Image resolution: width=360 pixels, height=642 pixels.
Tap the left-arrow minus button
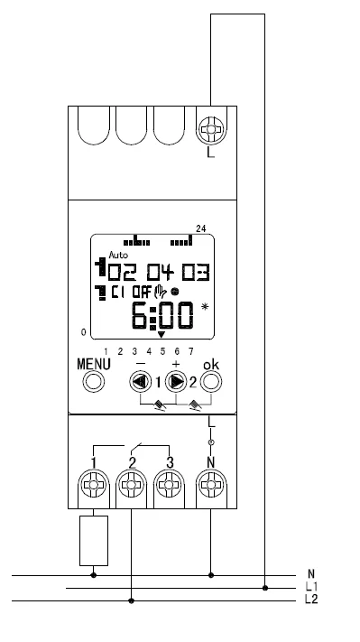[x=143, y=380]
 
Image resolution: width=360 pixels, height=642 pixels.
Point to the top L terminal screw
[x=211, y=130]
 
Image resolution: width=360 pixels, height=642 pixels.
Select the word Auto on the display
[x=118, y=256]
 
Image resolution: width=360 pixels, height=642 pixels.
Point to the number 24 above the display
[x=199, y=228]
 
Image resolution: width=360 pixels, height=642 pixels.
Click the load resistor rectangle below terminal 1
[x=94, y=539]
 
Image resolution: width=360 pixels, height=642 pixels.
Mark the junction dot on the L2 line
[x=132, y=600]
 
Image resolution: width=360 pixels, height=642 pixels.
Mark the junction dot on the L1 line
[x=264, y=588]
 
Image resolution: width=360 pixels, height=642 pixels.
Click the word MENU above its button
[x=93, y=363]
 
